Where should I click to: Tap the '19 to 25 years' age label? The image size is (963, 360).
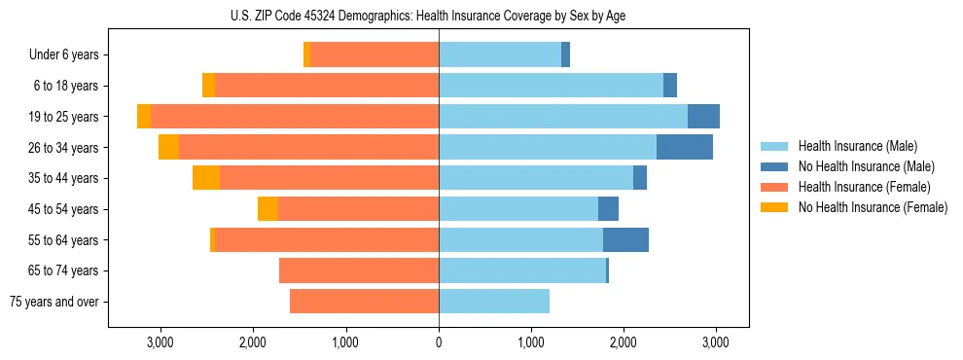tap(64, 117)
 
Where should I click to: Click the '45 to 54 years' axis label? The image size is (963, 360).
tap(64, 209)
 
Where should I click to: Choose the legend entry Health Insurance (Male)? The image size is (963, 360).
tap(857, 146)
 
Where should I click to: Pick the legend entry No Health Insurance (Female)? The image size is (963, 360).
tap(873, 207)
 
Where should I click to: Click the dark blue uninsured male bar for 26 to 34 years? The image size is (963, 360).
tap(685, 148)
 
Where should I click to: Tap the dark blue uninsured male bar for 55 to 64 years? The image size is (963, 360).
tap(625, 240)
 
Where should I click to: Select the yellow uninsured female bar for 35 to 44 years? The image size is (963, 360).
tap(206, 178)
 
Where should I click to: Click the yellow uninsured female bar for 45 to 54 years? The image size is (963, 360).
tap(267, 209)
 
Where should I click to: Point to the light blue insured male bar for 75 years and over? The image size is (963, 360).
tap(494, 302)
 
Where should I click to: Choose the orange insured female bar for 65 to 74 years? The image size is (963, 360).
tap(359, 270)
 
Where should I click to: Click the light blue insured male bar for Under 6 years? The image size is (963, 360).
tap(500, 55)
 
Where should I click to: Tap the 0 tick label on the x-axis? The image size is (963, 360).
tap(439, 342)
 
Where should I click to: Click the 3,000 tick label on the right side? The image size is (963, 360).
tap(716, 342)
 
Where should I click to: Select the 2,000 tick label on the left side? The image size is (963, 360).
tap(253, 342)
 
